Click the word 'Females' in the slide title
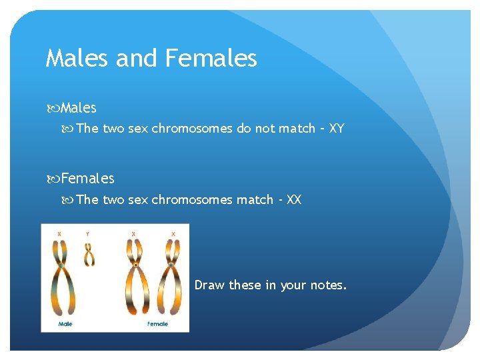coord(210,59)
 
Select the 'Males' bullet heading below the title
coord(79,107)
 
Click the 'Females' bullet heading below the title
coord(88,179)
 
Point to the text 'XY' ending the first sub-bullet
coord(336,129)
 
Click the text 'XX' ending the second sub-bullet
coord(293,200)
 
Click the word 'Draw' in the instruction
coord(209,285)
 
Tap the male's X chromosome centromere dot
coord(61,265)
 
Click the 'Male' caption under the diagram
coord(65,324)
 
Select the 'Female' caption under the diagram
coord(157,324)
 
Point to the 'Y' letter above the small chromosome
coord(89,234)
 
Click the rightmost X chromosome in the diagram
coord(171,273)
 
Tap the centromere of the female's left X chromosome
coord(135,265)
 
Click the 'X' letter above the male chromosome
coord(60,234)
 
